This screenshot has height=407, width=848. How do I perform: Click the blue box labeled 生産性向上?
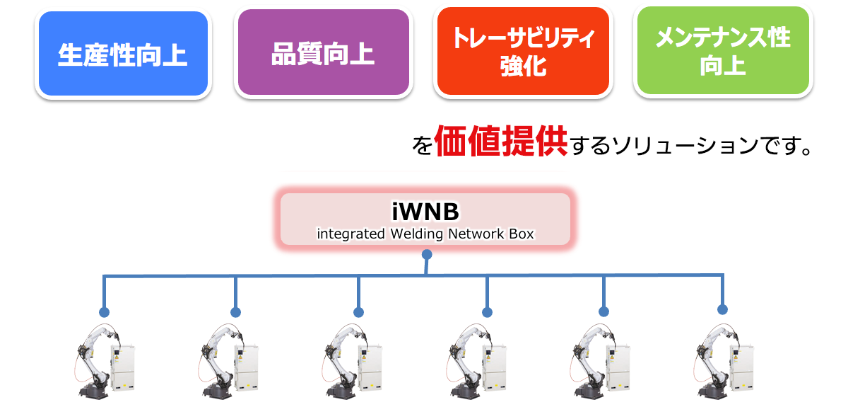123,54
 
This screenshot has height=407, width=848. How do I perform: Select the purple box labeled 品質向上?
323,54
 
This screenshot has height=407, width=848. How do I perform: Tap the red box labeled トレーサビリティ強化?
523,52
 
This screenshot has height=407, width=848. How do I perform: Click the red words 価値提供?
501,142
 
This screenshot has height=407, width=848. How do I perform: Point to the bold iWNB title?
425,212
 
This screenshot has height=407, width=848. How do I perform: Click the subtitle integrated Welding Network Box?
425,233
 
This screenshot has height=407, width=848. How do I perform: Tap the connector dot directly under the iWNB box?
425,254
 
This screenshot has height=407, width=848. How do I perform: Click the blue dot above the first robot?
105,311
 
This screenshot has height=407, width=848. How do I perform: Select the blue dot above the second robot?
235,312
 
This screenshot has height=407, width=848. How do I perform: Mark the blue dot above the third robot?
358,312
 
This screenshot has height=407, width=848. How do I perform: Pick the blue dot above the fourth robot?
487,312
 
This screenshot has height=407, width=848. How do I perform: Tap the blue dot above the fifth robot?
603,311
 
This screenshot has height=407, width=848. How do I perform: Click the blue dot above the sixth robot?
722,309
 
